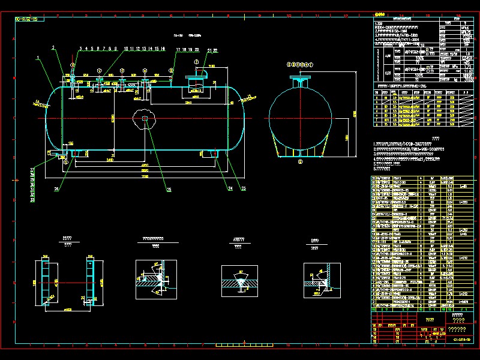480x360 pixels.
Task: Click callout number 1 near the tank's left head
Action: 37,58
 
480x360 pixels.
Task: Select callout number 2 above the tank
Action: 53,47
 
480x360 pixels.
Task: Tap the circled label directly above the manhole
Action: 196,62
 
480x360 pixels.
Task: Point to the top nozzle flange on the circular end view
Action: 299,79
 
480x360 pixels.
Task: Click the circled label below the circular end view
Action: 300,161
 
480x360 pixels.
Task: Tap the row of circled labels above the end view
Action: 300,64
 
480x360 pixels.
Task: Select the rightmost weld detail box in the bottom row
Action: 322,278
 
